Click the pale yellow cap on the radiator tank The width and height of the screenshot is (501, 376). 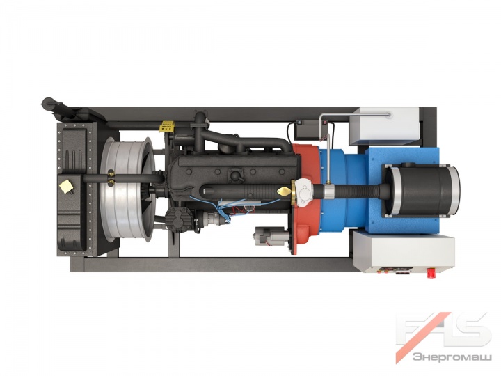(x=66, y=187)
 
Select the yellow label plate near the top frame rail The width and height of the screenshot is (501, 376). (x=167, y=126)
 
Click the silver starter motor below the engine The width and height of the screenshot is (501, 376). (x=270, y=236)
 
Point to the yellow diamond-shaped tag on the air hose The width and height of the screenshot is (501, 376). (x=284, y=191)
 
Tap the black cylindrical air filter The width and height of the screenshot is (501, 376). (x=422, y=191)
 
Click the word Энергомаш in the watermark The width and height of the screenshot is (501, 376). (x=452, y=357)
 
